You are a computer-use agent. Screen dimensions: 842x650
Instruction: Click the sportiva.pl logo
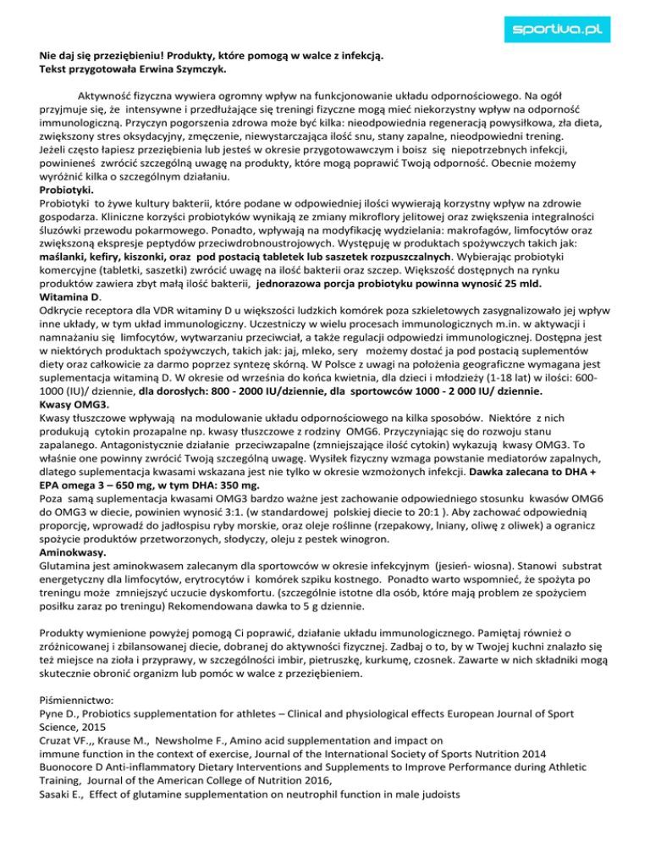(576, 31)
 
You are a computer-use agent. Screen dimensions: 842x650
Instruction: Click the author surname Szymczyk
(192, 71)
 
